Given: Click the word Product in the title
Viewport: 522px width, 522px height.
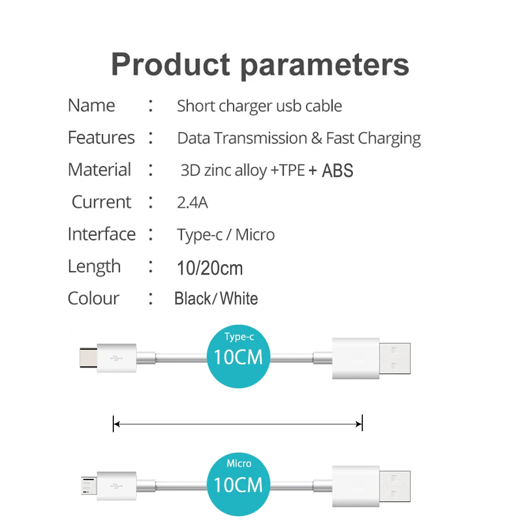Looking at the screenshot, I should tap(170, 65).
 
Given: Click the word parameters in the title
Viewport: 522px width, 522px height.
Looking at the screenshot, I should tap(324, 66).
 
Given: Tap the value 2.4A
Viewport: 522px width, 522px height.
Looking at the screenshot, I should tap(192, 202).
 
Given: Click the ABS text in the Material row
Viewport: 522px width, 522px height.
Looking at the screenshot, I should tap(337, 170).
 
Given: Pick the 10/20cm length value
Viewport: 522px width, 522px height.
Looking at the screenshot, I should tap(210, 268).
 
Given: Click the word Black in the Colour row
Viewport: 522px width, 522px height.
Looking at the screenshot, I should tap(192, 299).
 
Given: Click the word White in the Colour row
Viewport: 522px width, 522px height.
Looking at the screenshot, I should tap(239, 299).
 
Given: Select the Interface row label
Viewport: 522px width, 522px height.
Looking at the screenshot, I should tap(101, 234).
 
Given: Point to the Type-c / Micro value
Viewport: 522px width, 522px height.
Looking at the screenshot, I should tap(226, 235).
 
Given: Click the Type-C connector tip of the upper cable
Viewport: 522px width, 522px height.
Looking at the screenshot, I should tap(88, 358).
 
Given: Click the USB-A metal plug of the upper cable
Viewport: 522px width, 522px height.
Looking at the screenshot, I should tap(395, 358).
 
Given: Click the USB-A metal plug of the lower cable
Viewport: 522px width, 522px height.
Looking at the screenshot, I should tap(395, 486).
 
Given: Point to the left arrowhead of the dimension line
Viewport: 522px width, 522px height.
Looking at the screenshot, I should tap(116, 424).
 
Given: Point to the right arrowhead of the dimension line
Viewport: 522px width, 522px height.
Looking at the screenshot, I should tap(359, 424).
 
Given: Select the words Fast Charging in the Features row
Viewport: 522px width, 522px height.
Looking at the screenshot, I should tap(373, 138).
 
